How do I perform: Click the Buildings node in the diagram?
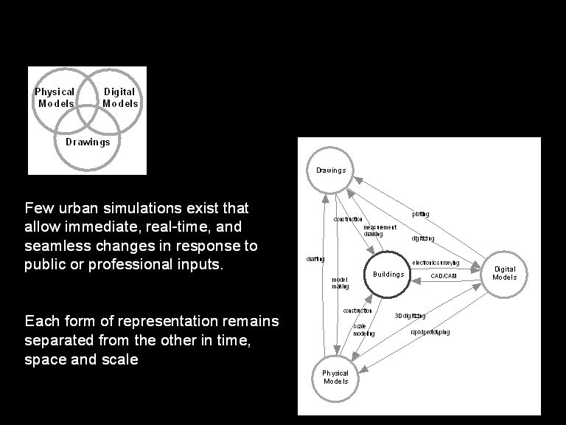[x=388, y=274]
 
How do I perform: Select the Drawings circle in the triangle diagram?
[x=331, y=170]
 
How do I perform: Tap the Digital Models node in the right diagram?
[x=505, y=274]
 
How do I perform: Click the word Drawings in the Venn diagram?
[x=88, y=142]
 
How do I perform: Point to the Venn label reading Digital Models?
[x=119, y=97]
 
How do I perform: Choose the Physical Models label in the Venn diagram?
[x=55, y=97]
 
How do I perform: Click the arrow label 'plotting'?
[x=421, y=214]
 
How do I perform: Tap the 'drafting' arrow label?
[x=315, y=259]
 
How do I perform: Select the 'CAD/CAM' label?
[x=444, y=275]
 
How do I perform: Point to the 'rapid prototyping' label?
[x=430, y=332]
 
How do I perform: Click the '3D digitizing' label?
[x=410, y=316]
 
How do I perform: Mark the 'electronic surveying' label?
[x=435, y=263]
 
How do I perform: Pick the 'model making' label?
[x=339, y=283]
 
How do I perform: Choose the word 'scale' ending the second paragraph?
[x=120, y=360]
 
